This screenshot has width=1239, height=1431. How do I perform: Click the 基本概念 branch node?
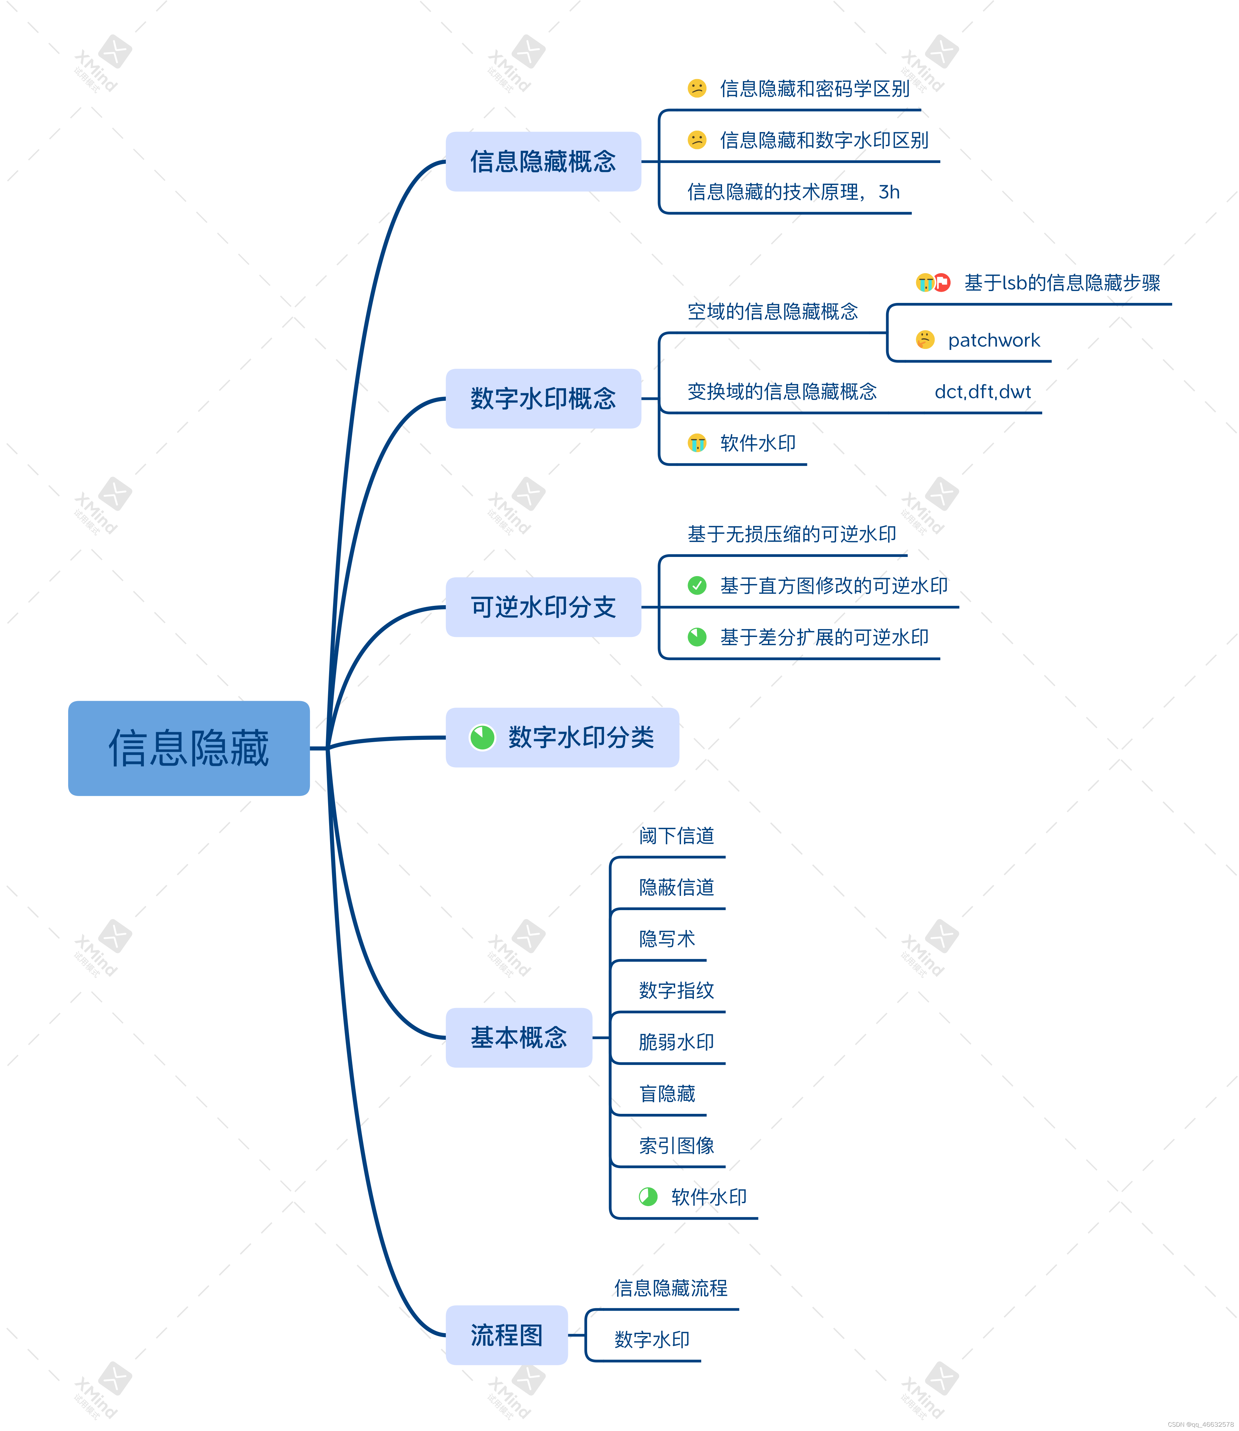pos(519,1038)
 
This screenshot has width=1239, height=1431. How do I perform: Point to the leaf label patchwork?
pos(994,340)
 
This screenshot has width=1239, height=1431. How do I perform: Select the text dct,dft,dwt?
pos(982,392)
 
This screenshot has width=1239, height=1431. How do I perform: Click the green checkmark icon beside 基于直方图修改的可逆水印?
pos(697,586)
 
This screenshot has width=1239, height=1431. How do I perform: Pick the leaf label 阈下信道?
pos(676,836)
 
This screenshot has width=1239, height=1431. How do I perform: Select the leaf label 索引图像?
pos(676,1146)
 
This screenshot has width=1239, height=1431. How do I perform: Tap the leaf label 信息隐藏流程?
pos(671,1288)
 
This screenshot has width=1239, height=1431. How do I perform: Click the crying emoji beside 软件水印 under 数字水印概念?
pos(697,443)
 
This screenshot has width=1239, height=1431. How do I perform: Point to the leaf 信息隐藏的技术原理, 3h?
pos(793,192)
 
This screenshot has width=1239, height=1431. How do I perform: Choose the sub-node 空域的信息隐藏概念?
pos(772,312)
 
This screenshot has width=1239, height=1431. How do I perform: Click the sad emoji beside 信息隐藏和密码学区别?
pos(697,89)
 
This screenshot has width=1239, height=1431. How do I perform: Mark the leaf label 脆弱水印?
pos(676,1042)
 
